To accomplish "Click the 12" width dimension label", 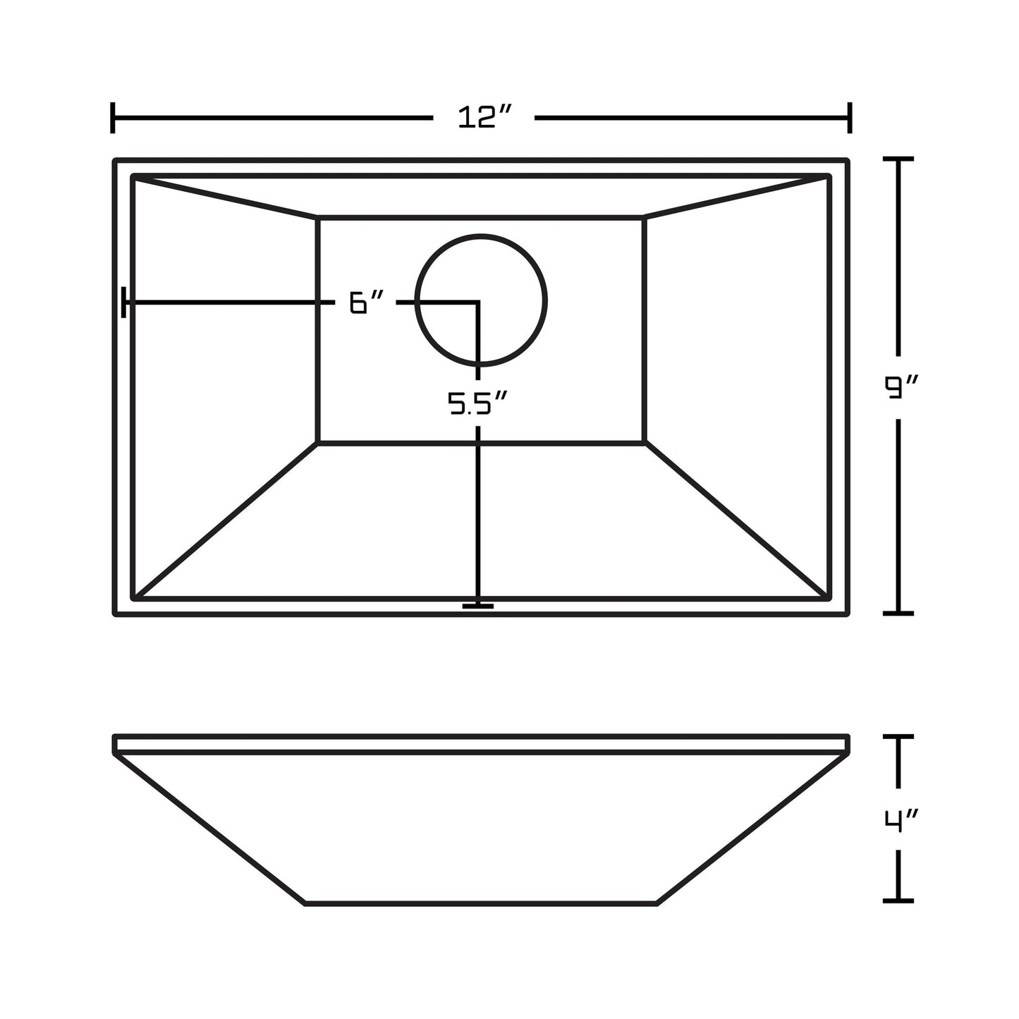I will [484, 118].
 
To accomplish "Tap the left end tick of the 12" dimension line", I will [113, 118].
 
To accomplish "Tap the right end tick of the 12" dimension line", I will [850, 118].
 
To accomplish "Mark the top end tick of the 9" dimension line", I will [898, 160].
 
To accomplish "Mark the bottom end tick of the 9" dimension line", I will [898, 613].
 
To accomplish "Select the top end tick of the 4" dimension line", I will [898, 737].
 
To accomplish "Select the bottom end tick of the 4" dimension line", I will [898, 901].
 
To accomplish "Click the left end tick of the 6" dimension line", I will [124, 303].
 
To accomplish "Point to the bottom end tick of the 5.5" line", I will [478, 606].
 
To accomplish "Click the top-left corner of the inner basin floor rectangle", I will [318, 218].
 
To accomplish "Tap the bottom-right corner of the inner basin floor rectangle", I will [645, 442].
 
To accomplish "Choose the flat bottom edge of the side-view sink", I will [481, 903].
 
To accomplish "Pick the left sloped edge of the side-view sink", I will [209, 829].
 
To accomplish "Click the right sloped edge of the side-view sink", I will [752, 829].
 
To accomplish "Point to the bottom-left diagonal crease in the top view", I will [226, 520].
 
